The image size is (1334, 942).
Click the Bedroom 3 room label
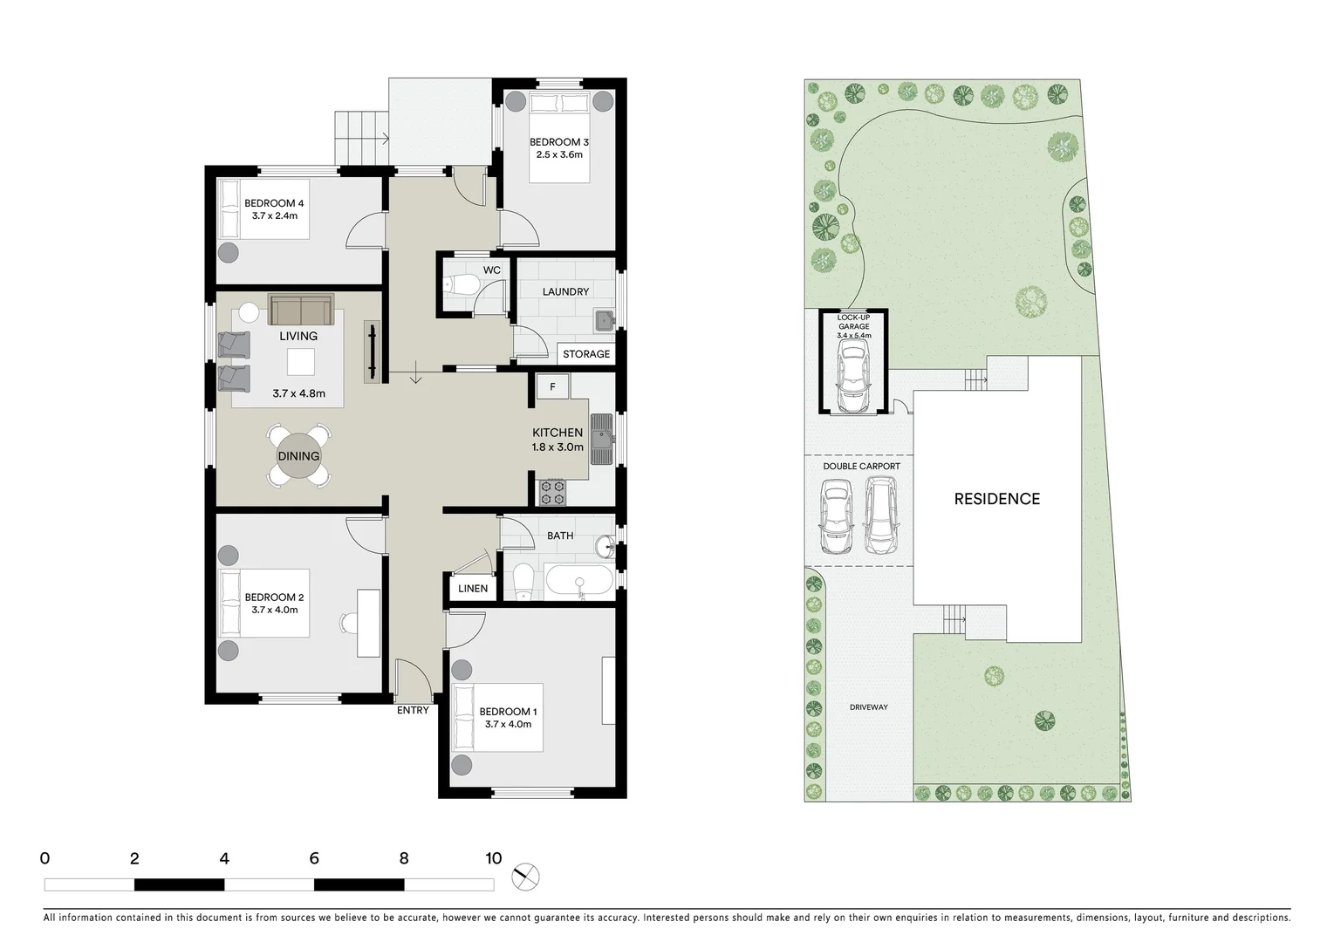point(559,142)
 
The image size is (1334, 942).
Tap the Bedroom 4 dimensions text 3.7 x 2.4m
point(275,215)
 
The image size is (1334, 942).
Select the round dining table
point(298,456)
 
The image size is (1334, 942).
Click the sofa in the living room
point(301,310)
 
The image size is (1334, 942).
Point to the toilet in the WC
point(461,284)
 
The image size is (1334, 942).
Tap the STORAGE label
point(586,354)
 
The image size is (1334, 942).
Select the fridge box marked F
point(552,386)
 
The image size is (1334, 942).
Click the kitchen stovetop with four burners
point(552,492)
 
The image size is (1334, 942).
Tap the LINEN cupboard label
point(473,589)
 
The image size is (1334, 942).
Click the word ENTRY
point(413,710)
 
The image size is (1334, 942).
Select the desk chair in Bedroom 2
point(347,623)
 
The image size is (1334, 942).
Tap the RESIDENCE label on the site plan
point(996,499)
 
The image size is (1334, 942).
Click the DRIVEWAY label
point(868,707)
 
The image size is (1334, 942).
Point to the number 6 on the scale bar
point(314,858)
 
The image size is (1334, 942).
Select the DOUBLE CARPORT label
point(861,467)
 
